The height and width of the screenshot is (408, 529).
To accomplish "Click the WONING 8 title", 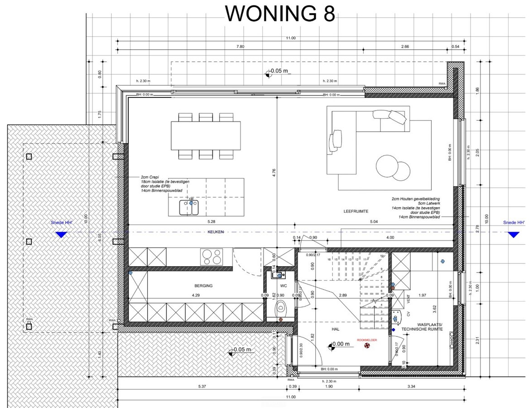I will pyautogui.click(x=280, y=14).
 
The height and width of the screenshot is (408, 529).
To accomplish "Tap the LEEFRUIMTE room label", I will pyautogui.click(x=355, y=212).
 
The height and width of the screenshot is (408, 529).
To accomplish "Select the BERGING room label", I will pyautogui.click(x=203, y=286).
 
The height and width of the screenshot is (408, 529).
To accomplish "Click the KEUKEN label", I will pyautogui.click(x=216, y=232).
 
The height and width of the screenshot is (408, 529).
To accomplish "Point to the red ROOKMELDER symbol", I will pyautogui.click(x=366, y=346).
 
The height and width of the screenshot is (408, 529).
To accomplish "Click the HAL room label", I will pyautogui.click(x=336, y=330).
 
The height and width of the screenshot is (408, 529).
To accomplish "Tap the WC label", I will pyautogui.click(x=284, y=286).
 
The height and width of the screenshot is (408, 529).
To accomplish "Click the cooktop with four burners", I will pyautogui.click(x=212, y=257).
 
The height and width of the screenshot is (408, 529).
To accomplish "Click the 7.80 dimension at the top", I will pyautogui.click(x=240, y=47).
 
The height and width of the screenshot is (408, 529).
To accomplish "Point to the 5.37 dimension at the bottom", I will pyautogui.click(x=202, y=386).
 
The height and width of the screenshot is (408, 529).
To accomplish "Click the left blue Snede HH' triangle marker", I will pyautogui.click(x=60, y=235).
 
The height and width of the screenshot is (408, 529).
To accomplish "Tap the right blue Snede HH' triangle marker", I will pyautogui.click(x=513, y=234).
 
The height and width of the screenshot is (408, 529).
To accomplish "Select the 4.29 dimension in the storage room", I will pyautogui.click(x=196, y=296).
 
